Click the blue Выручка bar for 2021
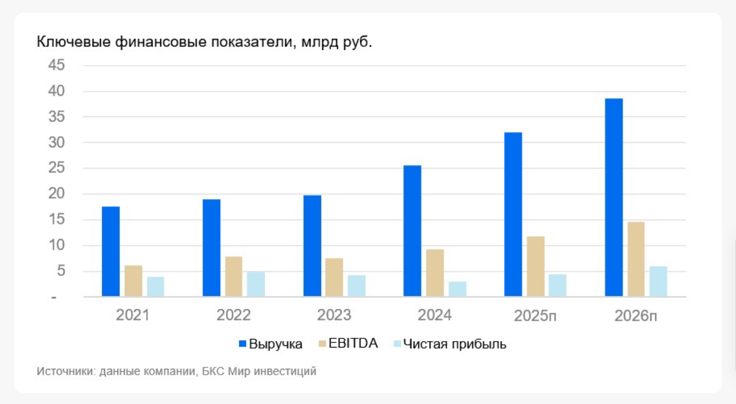coord(110,251)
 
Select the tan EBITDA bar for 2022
coord(234,276)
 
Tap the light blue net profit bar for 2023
coord(356,285)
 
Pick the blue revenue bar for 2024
coord(413,231)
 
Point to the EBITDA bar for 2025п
coord(536,266)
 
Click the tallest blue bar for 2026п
coord(614,197)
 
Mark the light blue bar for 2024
coord(457,289)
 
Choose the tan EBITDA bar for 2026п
coord(636,259)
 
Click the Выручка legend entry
coord(275,344)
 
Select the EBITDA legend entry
coord(353,344)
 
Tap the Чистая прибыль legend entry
coord(454,344)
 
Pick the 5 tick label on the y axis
coord(60,271)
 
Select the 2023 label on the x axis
coord(334,315)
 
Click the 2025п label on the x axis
coord(535,316)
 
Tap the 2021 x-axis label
coord(133,315)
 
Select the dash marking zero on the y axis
coord(53,297)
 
